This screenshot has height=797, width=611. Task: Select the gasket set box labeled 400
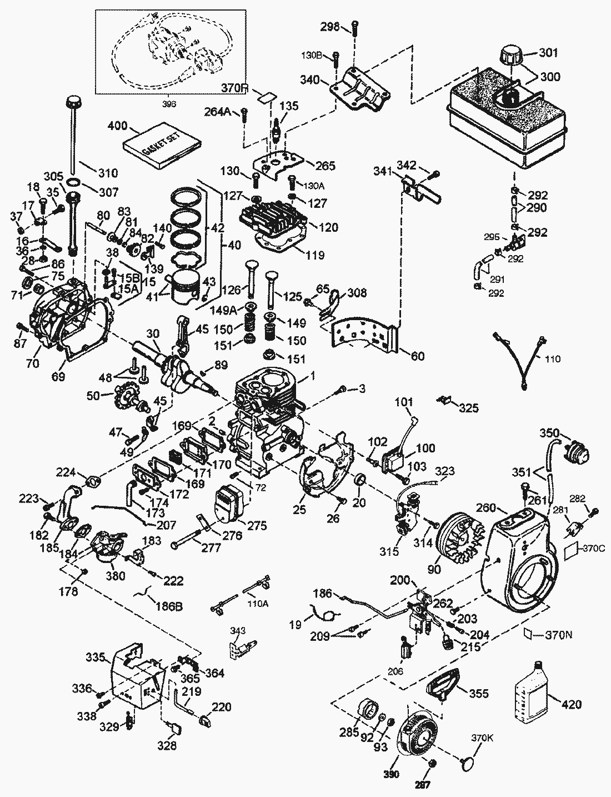pyautogui.click(x=161, y=143)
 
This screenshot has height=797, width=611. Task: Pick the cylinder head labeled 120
pyautogui.click(x=272, y=222)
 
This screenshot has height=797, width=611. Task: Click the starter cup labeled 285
pyautogui.click(x=367, y=711)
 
